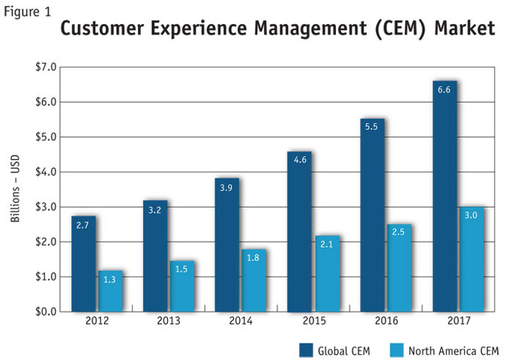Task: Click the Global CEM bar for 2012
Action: coord(84,263)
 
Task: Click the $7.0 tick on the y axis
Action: coord(44,67)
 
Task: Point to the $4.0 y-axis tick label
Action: coord(44,172)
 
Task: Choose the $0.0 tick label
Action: coord(44,311)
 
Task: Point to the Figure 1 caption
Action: coord(25,10)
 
